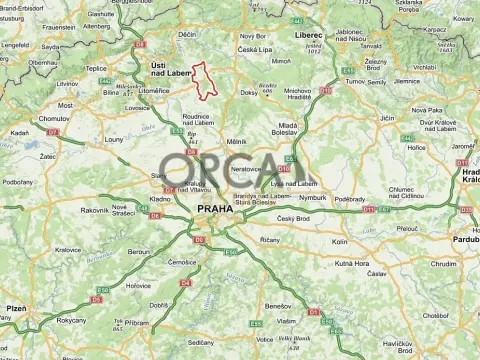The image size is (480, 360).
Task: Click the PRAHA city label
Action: coord(215,209)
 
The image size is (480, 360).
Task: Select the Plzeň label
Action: coord(16,309)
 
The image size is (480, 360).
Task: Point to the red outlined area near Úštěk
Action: coord(203,81)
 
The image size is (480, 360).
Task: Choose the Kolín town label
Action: coord(340,242)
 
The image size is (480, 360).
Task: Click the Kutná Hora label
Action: coord(352,263)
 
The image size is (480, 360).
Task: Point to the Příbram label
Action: coord(137,323)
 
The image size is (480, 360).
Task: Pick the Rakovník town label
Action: coord(95,210)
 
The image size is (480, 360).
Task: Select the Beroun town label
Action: coord(137,252)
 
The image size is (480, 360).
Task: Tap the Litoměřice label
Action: coord(140,90)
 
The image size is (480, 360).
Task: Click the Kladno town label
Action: coord(160,200)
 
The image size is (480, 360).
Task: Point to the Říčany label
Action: coord(270,241)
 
